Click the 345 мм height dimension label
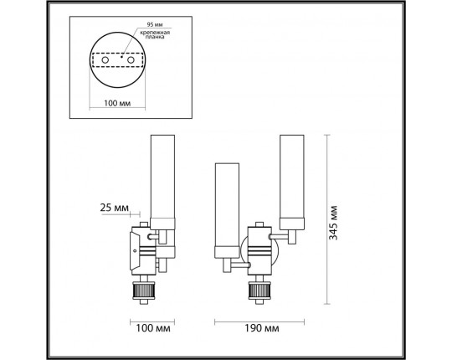click(x=333, y=223)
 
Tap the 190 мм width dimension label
click(x=262, y=328)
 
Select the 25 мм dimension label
click(x=114, y=208)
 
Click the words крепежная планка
click(x=155, y=35)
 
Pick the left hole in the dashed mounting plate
click(x=105, y=60)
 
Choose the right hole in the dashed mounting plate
click(x=131, y=60)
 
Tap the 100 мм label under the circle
click(x=117, y=103)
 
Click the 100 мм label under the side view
click(x=153, y=328)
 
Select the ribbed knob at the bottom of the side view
click(x=144, y=291)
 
